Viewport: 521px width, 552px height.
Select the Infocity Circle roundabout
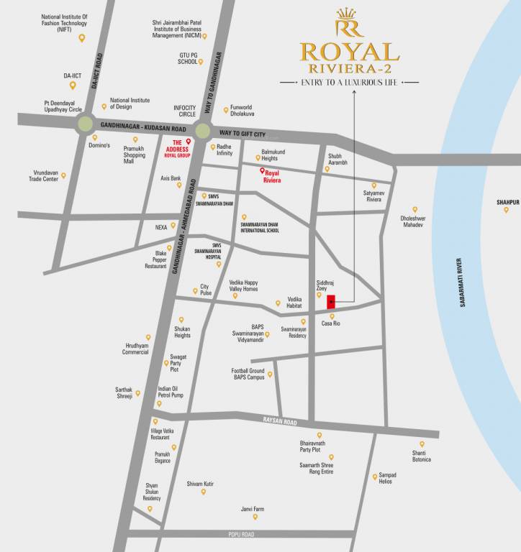(202, 131)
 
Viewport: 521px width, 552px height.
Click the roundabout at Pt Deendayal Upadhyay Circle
(86, 124)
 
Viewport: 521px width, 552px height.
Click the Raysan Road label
(280, 421)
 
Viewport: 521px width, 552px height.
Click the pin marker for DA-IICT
(73, 86)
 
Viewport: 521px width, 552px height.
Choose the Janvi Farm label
(253, 509)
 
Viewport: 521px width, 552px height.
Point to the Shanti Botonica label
(421, 456)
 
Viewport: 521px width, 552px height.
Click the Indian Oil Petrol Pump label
(171, 392)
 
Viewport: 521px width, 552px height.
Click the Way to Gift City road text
(243, 134)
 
